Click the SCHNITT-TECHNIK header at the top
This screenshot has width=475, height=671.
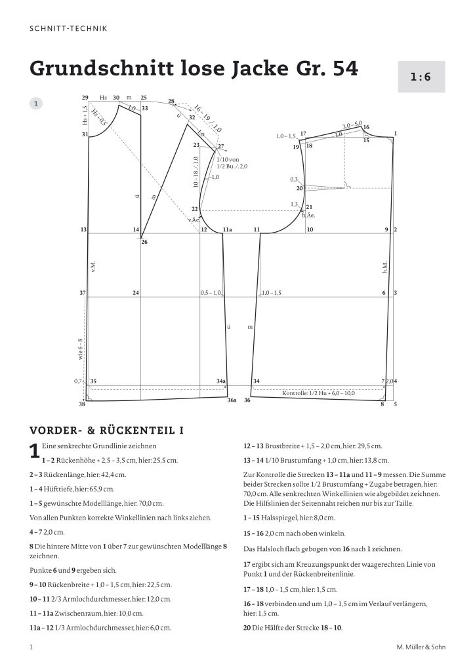(x=69, y=28)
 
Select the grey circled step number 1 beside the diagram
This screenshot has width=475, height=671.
(x=37, y=103)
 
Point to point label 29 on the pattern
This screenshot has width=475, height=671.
(x=85, y=98)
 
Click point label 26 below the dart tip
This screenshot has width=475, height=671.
(x=144, y=242)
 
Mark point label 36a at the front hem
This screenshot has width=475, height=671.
(x=232, y=400)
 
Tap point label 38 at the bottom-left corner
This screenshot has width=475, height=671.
(x=82, y=404)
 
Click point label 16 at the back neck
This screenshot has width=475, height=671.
(x=366, y=127)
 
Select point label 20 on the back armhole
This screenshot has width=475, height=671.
(x=299, y=189)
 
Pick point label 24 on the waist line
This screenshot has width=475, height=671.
(x=136, y=292)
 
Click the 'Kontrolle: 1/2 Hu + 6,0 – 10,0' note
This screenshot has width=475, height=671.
(x=318, y=393)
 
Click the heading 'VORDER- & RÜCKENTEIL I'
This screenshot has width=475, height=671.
(x=106, y=430)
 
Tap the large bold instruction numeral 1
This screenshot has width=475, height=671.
(x=35, y=452)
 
